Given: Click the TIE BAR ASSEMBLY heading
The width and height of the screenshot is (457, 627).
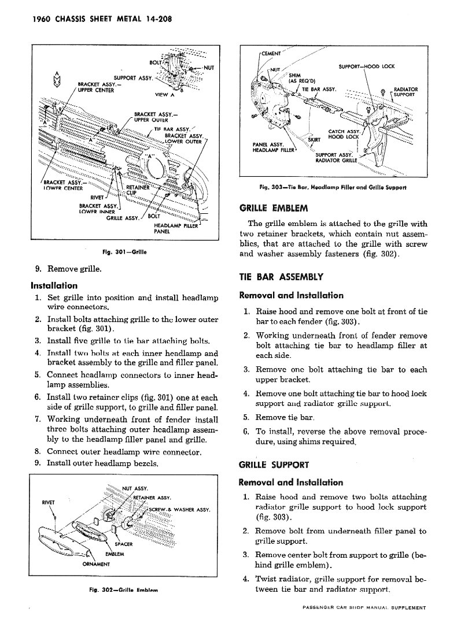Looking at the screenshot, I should [x=281, y=277].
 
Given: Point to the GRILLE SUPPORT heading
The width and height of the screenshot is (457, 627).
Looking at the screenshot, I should [x=274, y=465].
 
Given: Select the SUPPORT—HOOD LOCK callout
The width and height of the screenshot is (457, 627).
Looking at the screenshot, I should [x=366, y=66].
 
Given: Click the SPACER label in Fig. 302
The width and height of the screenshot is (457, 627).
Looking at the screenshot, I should [x=124, y=544].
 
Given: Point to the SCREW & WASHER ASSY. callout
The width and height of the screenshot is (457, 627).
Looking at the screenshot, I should [x=179, y=509].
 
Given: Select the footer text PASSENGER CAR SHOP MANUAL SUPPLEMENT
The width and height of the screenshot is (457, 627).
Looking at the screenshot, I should [x=364, y=608].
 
